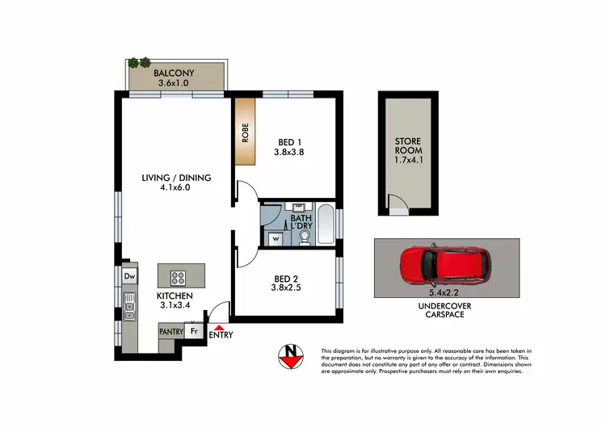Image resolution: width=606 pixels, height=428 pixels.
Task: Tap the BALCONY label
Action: pyautogui.click(x=175, y=73)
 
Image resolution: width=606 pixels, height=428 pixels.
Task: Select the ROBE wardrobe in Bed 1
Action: pyautogui.click(x=245, y=132)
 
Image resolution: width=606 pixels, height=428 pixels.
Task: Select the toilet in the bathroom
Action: pyautogui.click(x=303, y=237)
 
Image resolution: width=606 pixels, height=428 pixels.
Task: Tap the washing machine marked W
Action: pyautogui.click(x=276, y=238)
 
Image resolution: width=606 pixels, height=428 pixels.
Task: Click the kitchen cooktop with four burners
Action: pyautogui.click(x=179, y=277)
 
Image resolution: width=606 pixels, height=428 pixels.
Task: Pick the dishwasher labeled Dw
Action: pyautogui.click(x=129, y=276)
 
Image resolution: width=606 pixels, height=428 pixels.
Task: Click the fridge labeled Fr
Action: pyautogui.click(x=194, y=331)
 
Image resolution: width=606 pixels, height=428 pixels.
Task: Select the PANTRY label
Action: pyautogui.click(x=170, y=332)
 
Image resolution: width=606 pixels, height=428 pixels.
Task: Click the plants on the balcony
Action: pyautogui.click(x=138, y=62)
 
